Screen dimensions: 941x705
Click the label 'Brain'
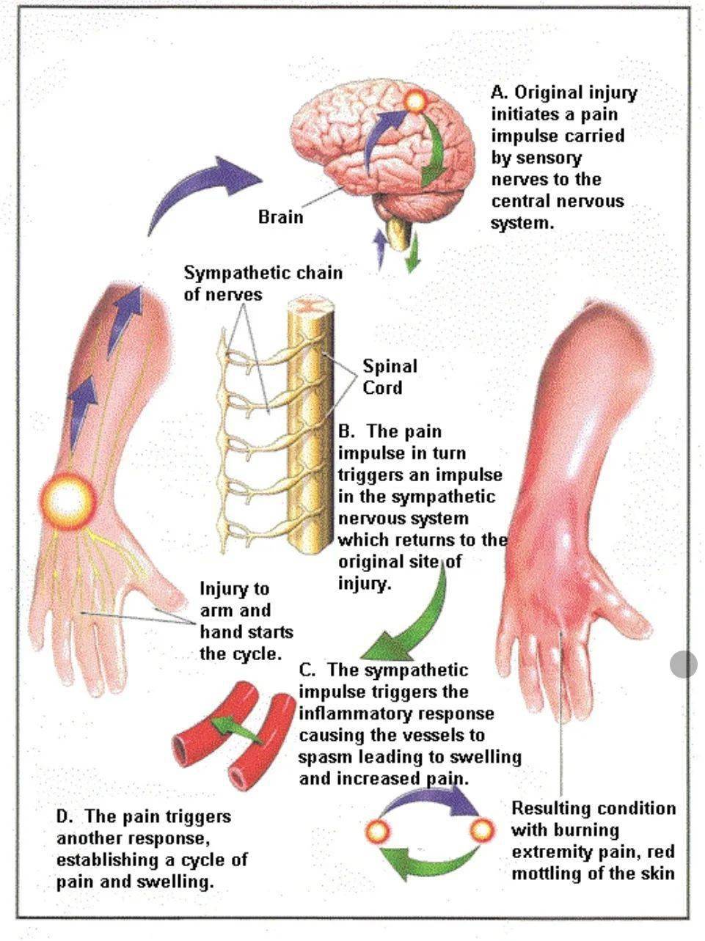click(x=280, y=217)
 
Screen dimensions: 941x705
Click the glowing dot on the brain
click(x=415, y=101)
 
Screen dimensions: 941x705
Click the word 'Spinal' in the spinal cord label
click(x=390, y=366)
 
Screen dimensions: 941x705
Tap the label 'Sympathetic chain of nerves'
click(x=263, y=283)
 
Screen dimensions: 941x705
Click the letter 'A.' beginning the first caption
click(x=500, y=93)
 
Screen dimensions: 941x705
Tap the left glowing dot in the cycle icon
click(x=379, y=831)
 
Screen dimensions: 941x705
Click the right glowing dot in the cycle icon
click(x=481, y=831)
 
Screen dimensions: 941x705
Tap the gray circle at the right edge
click(x=684, y=664)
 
